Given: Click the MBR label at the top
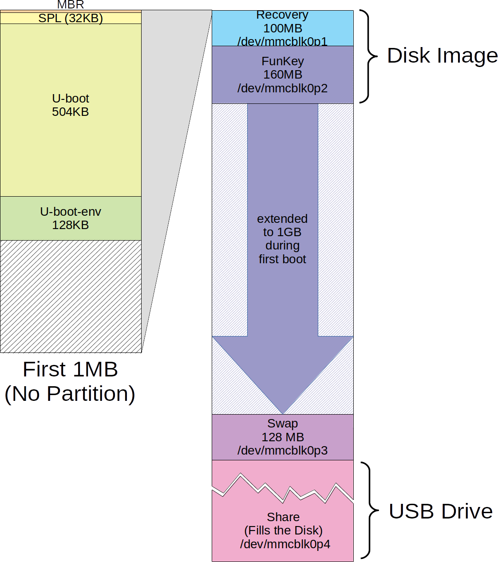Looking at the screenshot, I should [x=71, y=5].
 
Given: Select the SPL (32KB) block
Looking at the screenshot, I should [x=71, y=18].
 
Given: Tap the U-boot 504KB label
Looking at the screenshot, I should [x=71, y=105].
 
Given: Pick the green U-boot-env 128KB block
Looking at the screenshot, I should [x=71, y=218].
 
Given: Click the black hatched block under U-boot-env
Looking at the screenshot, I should [x=71, y=296].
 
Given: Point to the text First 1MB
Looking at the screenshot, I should [x=70, y=369].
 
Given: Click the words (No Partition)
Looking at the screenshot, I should [x=70, y=394].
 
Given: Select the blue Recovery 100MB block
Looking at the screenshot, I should [x=282, y=28].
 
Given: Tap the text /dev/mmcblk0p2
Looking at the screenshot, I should [x=282, y=88].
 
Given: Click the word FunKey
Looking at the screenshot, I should [x=282, y=61].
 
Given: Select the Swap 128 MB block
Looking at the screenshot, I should [x=282, y=437].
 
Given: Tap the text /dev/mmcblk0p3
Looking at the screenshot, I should [x=282, y=451].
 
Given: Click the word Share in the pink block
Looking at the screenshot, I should [x=283, y=517].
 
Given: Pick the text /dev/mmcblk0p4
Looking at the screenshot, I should [x=285, y=544].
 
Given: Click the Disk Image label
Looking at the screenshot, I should [x=442, y=56].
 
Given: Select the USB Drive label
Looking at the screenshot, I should [x=440, y=511].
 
